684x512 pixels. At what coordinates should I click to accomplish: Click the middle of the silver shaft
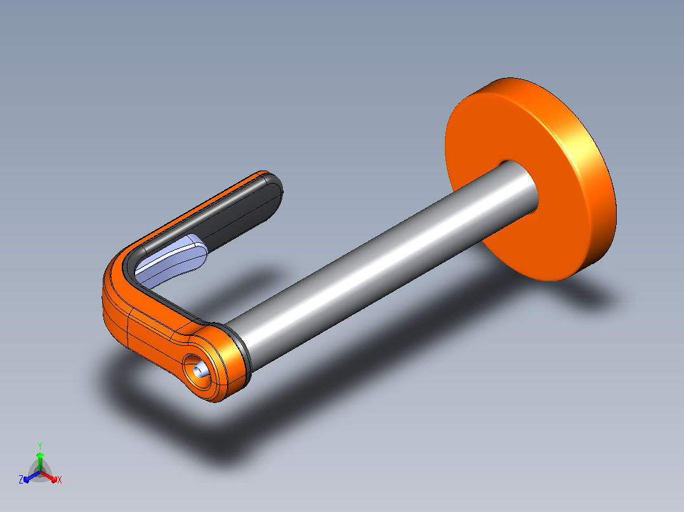[379, 266]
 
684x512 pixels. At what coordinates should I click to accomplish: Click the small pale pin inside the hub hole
[201, 371]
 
